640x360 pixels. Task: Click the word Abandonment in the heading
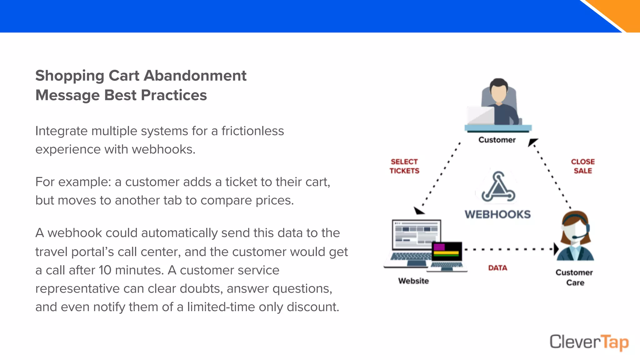pyautogui.click(x=195, y=76)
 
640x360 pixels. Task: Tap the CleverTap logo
pyautogui.click(x=589, y=342)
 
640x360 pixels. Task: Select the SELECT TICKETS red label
pyautogui.click(x=404, y=166)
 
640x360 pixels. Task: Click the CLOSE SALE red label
pyautogui.click(x=583, y=166)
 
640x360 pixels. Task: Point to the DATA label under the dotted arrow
pyautogui.click(x=497, y=268)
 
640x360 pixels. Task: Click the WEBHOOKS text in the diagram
pyautogui.click(x=497, y=214)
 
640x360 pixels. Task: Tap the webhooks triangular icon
pyautogui.click(x=498, y=187)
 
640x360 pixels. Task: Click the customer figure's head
pyautogui.click(x=498, y=91)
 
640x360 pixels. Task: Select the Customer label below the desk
pyautogui.click(x=497, y=140)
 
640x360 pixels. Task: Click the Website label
pyautogui.click(x=413, y=281)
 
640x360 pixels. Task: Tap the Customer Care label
pyautogui.click(x=574, y=277)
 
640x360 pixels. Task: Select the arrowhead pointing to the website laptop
pyautogui.click(x=419, y=211)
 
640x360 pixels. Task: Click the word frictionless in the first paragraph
pyautogui.click(x=252, y=131)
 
